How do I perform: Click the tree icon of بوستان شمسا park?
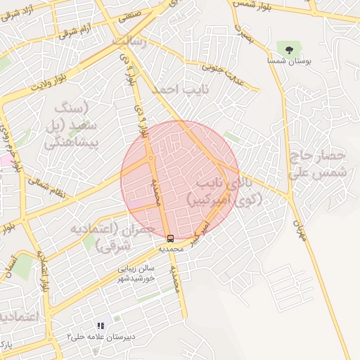pos(289,49)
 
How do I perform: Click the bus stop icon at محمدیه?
pos(170,238)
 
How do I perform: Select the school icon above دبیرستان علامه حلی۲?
pos(101,326)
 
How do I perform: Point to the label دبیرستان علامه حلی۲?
pos(101,337)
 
